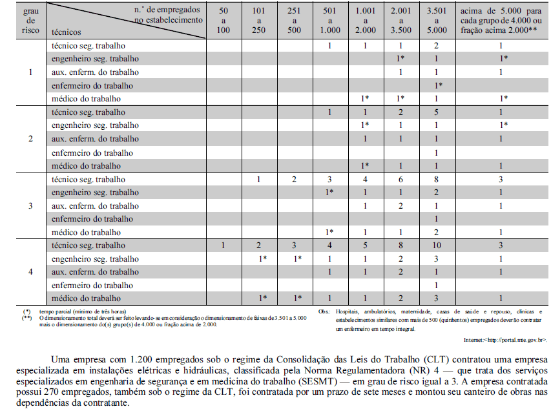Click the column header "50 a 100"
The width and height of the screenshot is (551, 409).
point(224,21)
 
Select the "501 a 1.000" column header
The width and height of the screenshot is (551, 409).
point(329,21)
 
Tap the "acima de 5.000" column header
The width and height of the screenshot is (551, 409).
point(500,21)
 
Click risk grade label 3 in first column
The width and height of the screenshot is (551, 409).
point(30,205)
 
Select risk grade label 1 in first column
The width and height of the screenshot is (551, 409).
point(30,72)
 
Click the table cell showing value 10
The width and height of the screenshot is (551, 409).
point(437,246)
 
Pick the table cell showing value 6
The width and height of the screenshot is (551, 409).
point(400,180)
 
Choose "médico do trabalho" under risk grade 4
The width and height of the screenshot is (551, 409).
point(86,299)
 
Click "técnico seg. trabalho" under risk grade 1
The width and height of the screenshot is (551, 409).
point(88,47)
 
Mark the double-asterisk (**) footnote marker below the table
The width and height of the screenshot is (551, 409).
point(26,318)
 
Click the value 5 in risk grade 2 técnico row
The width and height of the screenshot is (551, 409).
point(437,112)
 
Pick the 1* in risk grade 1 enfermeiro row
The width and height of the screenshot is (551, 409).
point(437,86)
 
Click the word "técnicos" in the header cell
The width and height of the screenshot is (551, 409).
point(67,30)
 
